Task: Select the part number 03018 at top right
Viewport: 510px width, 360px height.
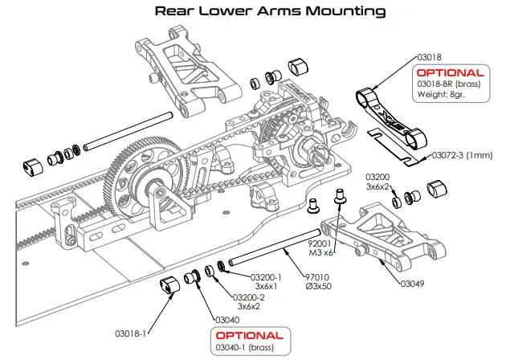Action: [x=430, y=58]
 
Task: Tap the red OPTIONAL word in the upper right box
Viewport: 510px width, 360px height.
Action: [x=451, y=72]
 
